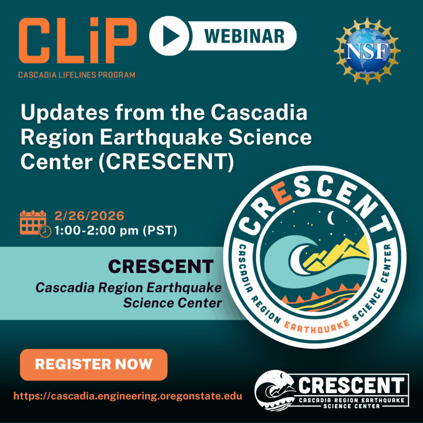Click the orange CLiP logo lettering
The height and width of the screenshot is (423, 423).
[x=78, y=40]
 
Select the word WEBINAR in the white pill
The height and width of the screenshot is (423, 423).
[x=245, y=36]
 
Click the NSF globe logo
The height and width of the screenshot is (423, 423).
[x=367, y=51]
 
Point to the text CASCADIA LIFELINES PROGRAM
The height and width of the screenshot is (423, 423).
[x=76, y=75]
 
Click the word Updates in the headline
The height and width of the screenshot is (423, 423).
[x=65, y=113]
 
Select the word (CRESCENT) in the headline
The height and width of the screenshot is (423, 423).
[x=166, y=162]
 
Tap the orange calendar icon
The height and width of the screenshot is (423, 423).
[x=36, y=223]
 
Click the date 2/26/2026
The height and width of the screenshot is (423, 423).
[x=89, y=216]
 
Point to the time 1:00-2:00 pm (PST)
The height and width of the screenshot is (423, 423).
[x=116, y=231]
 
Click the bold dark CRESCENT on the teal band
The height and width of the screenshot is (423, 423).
[x=161, y=266]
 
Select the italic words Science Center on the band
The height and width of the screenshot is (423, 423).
[x=172, y=303]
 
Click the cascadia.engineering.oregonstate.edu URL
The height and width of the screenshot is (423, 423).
[x=128, y=396]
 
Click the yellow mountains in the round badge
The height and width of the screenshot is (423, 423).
[x=337, y=252]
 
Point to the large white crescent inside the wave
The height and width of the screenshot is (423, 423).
[x=298, y=259]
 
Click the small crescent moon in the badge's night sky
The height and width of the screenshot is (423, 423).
[x=330, y=218]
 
